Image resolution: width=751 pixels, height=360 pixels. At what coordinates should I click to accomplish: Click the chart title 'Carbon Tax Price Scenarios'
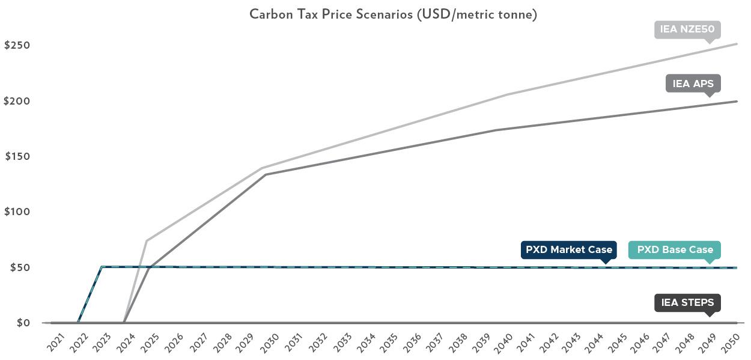[393, 14]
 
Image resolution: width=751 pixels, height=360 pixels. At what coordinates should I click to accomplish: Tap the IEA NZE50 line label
[687, 29]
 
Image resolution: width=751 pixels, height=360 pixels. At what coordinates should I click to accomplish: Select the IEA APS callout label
[693, 84]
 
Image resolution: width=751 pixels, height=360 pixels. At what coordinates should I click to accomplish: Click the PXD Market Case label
[568, 249]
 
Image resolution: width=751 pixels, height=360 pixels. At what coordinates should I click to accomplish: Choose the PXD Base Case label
[675, 249]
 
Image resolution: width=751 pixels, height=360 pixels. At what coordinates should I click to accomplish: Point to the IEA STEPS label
[687, 302]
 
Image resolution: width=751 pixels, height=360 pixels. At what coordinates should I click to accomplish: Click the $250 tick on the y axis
[17, 46]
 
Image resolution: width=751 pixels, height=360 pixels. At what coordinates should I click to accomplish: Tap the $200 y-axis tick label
[17, 101]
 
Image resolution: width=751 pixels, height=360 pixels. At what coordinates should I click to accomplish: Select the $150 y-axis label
[17, 156]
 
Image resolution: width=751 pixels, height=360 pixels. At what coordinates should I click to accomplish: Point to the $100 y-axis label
[17, 212]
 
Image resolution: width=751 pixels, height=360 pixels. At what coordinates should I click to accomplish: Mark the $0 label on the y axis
[23, 323]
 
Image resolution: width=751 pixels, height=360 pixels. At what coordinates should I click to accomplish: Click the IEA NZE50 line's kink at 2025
[147, 241]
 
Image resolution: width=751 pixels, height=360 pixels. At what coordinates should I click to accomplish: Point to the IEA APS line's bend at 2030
[266, 175]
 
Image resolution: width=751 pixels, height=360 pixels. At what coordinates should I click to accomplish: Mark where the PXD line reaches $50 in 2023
[101, 267]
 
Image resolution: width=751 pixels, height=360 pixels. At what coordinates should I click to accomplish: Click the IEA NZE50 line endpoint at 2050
[737, 44]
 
